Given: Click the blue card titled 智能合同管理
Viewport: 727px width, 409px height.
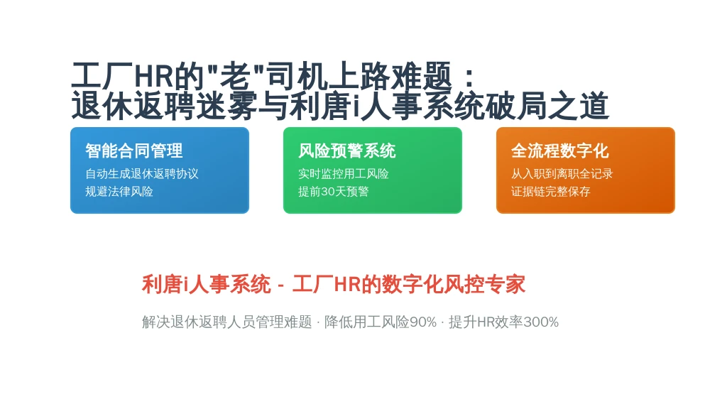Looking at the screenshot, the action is (160, 170).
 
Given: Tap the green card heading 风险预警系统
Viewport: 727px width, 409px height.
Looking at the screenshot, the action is (346, 151).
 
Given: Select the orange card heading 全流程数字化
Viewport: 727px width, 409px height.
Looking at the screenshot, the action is (559, 151).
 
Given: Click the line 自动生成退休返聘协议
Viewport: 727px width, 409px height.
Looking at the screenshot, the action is (142, 174).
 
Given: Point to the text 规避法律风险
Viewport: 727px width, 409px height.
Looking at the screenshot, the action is (119, 192).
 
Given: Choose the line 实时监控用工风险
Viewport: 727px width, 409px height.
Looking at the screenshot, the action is (344, 174).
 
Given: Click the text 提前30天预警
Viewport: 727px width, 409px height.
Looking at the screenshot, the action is (334, 192).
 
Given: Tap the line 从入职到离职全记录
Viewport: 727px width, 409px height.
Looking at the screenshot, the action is (562, 174).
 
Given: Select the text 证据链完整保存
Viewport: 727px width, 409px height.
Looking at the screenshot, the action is (551, 192).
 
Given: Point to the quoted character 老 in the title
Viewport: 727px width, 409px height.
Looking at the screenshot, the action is (236, 76).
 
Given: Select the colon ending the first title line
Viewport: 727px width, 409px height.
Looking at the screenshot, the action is (469, 77).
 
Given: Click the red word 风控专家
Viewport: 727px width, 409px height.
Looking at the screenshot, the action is (484, 284).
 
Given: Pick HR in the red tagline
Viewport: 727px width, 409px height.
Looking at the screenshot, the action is (347, 285).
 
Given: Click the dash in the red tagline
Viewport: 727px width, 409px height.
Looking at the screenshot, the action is (281, 285).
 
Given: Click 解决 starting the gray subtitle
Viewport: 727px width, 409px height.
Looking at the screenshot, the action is (155, 322).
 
